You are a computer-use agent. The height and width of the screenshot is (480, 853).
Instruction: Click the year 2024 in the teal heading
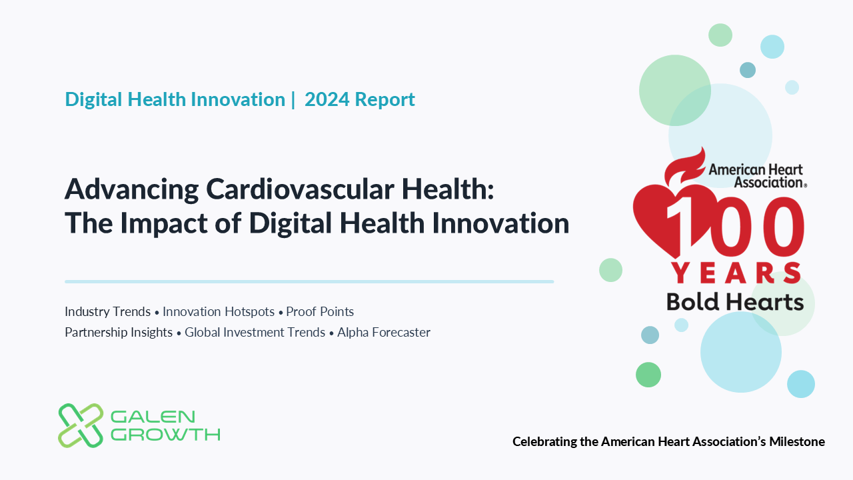point(327,99)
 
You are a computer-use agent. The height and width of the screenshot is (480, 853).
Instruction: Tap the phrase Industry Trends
point(107,311)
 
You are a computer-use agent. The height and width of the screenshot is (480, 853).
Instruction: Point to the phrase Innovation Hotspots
point(219,311)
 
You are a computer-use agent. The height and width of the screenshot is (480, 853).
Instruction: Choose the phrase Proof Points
point(320,311)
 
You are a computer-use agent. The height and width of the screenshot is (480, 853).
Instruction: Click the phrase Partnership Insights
point(119,332)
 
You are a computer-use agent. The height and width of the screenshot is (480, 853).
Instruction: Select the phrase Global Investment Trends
point(255,332)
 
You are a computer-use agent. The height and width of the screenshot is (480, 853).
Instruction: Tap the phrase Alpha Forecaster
point(384,332)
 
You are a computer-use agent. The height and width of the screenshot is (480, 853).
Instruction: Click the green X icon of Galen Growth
point(81,425)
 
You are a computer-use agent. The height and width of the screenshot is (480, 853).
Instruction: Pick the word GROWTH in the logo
point(165,435)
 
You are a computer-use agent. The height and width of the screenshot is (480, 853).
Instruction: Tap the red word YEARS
point(736,273)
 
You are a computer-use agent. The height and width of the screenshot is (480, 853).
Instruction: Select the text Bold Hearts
point(735,302)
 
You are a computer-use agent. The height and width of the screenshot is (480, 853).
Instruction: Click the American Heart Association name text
point(756,175)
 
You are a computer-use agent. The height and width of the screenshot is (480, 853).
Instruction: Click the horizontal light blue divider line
point(309,281)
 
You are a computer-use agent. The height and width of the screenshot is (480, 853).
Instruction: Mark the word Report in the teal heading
point(385,99)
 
